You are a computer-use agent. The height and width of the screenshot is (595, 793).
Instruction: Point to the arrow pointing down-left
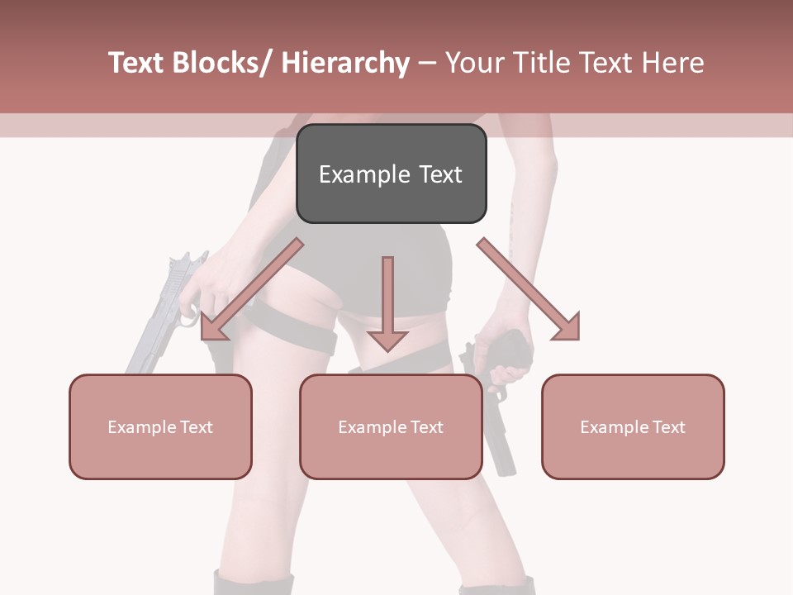[252, 289]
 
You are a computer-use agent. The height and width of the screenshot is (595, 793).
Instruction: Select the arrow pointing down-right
[529, 289]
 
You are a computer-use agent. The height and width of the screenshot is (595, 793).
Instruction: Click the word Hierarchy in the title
[345, 63]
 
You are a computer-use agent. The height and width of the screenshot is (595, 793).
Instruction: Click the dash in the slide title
[427, 63]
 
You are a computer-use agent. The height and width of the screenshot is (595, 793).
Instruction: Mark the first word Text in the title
[136, 63]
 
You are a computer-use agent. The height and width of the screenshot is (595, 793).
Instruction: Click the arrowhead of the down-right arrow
[566, 326]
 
